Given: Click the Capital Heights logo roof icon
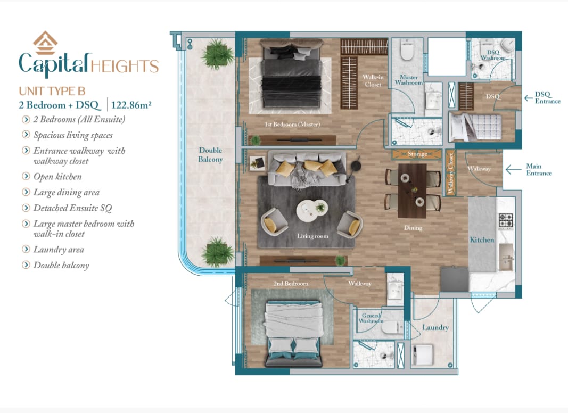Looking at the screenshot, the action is (x=45, y=43).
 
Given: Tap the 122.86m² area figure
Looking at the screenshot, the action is (x=131, y=105).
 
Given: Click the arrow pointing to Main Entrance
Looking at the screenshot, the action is (x=513, y=169).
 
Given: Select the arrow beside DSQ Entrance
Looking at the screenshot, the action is (x=528, y=97).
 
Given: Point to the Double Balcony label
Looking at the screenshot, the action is (x=210, y=155).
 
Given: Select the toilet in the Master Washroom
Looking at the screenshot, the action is (x=407, y=50).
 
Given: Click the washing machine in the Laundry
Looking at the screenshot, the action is (x=422, y=354).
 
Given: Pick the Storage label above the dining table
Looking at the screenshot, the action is (x=417, y=154).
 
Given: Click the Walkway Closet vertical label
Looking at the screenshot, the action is (x=451, y=173).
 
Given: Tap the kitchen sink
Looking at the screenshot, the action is (x=506, y=257).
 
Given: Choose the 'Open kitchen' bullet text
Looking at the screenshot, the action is (x=57, y=177).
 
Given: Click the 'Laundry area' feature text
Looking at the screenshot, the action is (x=59, y=250).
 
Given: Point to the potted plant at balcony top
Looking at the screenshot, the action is (x=217, y=54).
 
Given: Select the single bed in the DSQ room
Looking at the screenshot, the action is (x=475, y=127).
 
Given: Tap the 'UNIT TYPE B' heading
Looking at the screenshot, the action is (x=52, y=91).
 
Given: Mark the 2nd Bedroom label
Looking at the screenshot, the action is (x=291, y=283).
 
